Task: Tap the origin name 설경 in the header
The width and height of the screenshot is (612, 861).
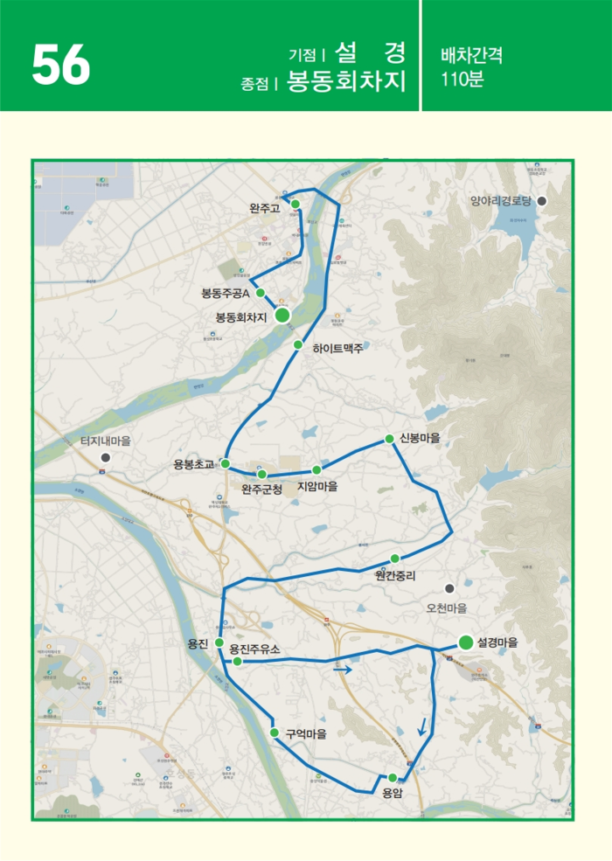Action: pos(370,52)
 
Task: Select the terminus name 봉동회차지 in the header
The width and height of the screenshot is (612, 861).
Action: pos(346,82)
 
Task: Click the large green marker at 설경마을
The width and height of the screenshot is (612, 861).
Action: pos(466,642)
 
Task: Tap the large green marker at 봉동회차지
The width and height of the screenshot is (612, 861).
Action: pos(282,316)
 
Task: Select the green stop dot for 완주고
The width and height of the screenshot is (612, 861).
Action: pos(296,204)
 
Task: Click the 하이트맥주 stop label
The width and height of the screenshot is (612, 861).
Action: pos(337,348)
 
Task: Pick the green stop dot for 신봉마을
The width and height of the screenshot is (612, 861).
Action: pos(389,439)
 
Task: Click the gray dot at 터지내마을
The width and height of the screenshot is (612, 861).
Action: pos(105,456)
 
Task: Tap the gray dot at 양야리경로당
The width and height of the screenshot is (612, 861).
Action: pos(541,201)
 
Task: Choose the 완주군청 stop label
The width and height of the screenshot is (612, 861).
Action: pos(261,490)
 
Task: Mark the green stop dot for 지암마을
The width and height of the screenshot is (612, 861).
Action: pos(316,469)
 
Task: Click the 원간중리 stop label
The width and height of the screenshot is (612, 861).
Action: pos(394,575)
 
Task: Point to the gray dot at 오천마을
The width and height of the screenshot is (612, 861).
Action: pos(449,588)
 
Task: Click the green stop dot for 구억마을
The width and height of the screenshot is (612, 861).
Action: pos(275,733)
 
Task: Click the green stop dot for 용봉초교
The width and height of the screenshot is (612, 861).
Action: pos(226,463)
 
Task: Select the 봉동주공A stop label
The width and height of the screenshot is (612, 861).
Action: pos(226,293)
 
